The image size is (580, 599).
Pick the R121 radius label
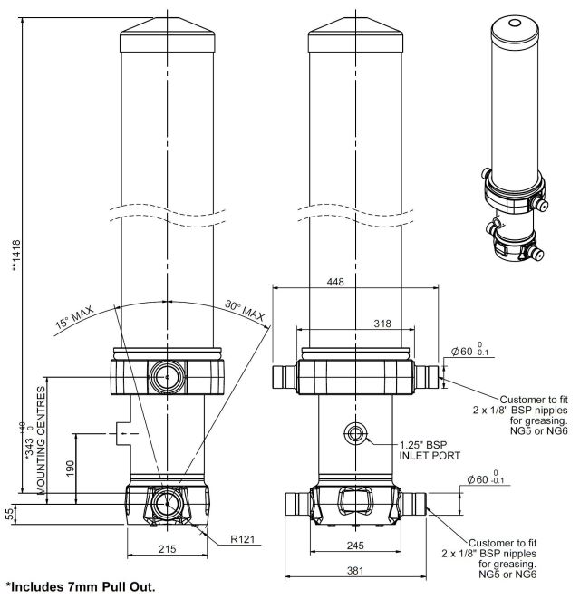click(x=243, y=539)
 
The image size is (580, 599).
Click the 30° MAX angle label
click(x=246, y=314)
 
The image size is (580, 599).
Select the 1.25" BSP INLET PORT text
click(x=431, y=449)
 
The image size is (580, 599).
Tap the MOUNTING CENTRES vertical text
click(x=40, y=439)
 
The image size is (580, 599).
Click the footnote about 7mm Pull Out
click(x=87, y=587)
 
